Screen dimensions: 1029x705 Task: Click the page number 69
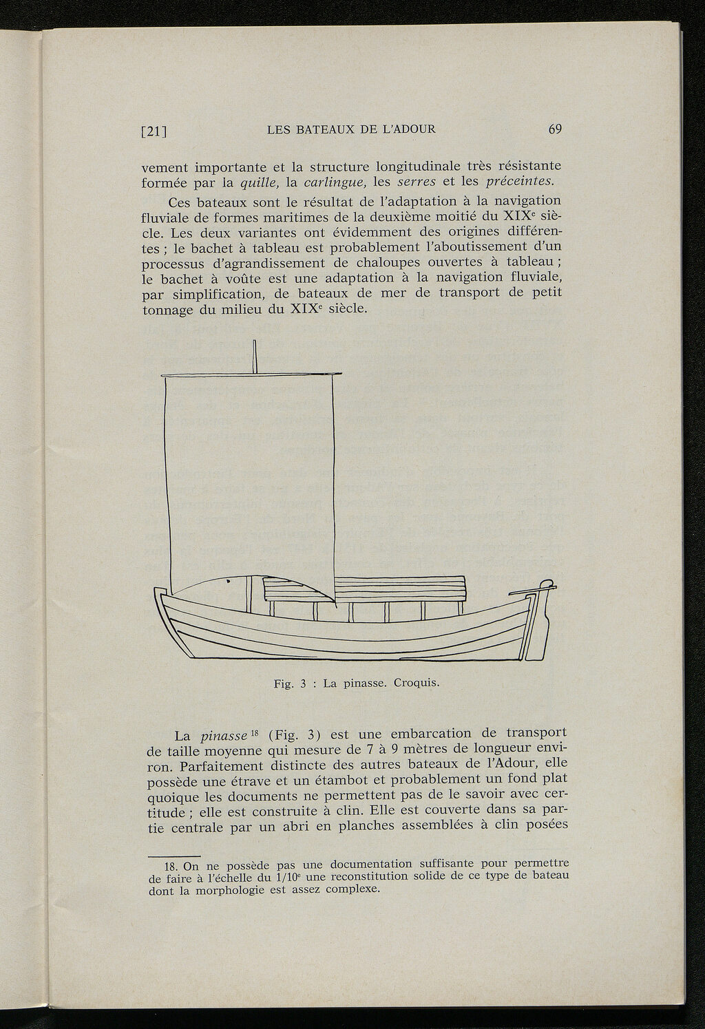555,129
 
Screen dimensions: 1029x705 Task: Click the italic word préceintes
520,182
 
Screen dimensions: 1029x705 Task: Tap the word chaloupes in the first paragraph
392,263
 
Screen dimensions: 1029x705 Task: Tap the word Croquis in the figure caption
412,684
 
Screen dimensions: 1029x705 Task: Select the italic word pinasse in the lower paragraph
224,735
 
